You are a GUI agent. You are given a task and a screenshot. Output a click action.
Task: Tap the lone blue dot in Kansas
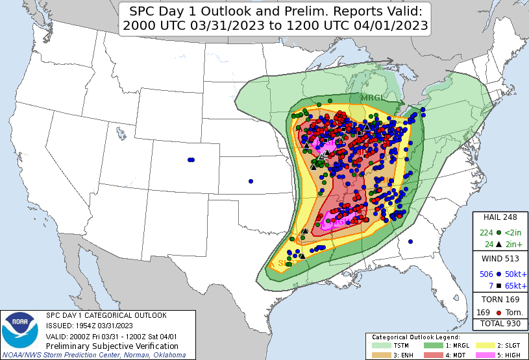(x=251, y=181)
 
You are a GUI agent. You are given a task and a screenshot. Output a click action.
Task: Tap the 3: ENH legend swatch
(x=380, y=355)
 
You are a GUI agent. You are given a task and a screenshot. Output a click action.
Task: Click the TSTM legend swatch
(x=380, y=346)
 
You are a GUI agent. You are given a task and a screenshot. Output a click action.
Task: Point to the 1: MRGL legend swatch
(x=432, y=346)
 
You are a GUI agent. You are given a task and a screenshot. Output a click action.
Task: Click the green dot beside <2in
(x=498, y=233)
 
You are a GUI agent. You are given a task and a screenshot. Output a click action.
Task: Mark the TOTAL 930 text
(x=500, y=323)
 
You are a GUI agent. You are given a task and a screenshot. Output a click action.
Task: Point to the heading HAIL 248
(x=500, y=217)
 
